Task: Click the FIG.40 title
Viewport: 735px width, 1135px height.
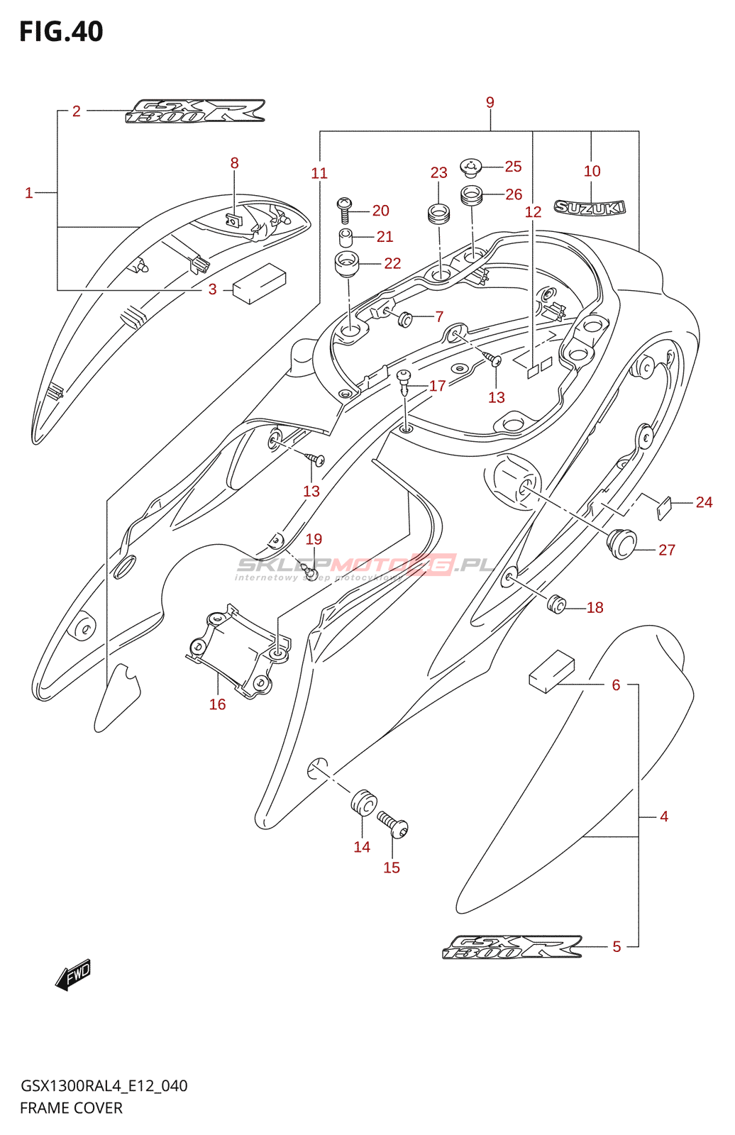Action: tap(61, 32)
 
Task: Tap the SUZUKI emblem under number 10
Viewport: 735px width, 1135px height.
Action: tap(590, 207)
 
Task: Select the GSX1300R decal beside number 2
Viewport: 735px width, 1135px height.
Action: tap(195, 111)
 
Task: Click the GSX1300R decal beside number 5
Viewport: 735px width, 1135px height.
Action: tap(512, 947)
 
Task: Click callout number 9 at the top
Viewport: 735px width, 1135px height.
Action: tap(490, 103)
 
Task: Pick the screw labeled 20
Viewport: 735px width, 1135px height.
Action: tap(345, 210)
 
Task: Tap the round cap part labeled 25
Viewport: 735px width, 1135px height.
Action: tap(471, 167)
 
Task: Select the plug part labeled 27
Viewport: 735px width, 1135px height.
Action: tap(621, 543)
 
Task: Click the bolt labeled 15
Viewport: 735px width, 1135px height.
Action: tap(394, 826)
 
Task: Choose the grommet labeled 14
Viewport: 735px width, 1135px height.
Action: tap(363, 802)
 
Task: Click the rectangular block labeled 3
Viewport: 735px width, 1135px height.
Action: tap(259, 283)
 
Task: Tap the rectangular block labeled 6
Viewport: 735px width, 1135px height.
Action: tap(552, 670)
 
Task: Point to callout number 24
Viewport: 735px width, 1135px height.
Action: tap(704, 502)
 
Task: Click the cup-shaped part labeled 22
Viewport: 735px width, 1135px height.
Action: tap(346, 264)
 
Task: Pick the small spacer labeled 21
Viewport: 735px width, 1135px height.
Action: tap(346, 236)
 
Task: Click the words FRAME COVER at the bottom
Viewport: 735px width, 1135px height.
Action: tap(71, 1108)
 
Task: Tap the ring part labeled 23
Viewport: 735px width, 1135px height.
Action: tap(439, 212)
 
